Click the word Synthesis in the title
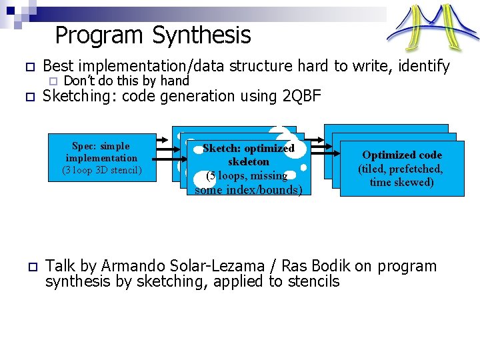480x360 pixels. pos(201,35)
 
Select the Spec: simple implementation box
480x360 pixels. pos(101,158)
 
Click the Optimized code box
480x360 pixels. pos(401,168)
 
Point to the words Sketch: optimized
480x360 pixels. pos(248,148)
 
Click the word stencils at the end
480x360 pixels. pos(313,281)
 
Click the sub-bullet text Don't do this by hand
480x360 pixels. pos(127,81)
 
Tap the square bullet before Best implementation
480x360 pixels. pos(29,67)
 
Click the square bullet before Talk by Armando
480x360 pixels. pos(29,267)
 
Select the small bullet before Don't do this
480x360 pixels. pos(51,81)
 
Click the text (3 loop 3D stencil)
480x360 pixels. pos(101,170)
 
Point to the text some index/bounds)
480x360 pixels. pos(248,190)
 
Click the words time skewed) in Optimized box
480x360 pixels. pos(401,182)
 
